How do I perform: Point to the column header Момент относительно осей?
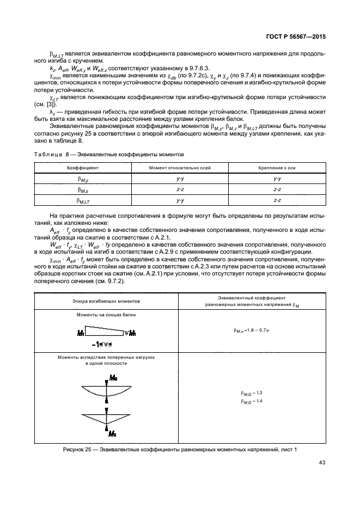pos(180,168)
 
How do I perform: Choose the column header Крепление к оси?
pos(277,168)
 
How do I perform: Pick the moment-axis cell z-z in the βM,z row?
pos(180,189)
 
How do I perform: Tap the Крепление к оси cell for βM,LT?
pos(277,200)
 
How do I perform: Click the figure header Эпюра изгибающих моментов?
pos(106,301)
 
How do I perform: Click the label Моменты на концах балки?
pos(106,315)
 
